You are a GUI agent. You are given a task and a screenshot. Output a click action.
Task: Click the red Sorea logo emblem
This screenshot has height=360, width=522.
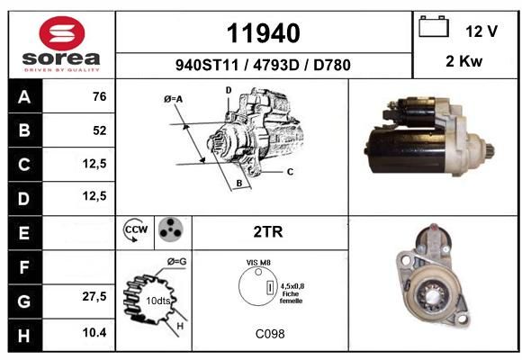(x=62, y=33)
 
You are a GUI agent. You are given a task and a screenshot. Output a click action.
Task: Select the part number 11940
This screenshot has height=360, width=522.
(x=264, y=33)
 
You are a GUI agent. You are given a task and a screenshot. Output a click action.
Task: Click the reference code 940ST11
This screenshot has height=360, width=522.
(x=207, y=65)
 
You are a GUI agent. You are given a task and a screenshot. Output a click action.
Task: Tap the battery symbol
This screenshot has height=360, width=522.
(x=434, y=26)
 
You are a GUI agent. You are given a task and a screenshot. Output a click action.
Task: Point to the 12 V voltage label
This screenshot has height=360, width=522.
(x=481, y=31)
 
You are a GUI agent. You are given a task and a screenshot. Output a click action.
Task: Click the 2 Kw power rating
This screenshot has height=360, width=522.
(x=463, y=61)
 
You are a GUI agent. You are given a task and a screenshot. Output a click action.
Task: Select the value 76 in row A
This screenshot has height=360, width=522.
(x=100, y=96)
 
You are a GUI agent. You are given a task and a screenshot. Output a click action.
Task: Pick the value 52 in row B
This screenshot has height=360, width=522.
(x=100, y=130)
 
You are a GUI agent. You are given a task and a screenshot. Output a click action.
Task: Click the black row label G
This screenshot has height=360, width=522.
(x=25, y=301)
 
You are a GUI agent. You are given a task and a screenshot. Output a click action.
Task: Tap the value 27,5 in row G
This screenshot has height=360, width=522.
(x=94, y=296)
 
